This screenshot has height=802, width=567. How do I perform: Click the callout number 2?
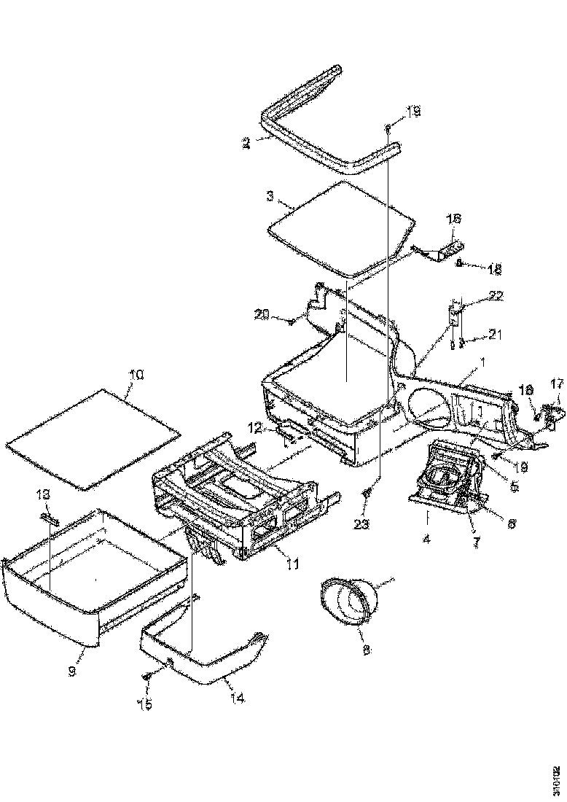coord(248,144)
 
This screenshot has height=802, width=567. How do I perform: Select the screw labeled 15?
coord(148,677)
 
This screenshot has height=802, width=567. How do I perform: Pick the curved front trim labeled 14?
coord(197,653)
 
